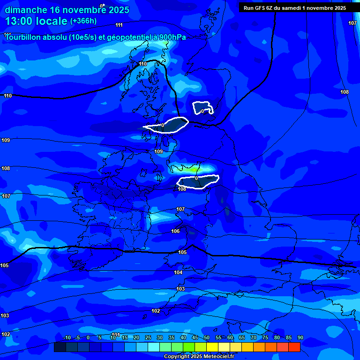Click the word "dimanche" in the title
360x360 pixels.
(26, 10)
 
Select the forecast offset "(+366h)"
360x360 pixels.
(83, 21)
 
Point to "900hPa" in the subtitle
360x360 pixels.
(172, 37)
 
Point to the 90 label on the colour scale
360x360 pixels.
(300, 337)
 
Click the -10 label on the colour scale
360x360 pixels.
(67, 337)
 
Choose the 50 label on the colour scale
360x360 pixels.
(207, 337)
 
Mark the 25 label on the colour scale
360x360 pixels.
(148, 337)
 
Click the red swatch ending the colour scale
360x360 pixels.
(294, 347)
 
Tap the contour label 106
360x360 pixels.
(175, 231)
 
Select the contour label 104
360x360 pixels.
(178, 272)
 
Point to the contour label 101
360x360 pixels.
(116, 335)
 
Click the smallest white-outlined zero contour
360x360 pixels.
(203, 108)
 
